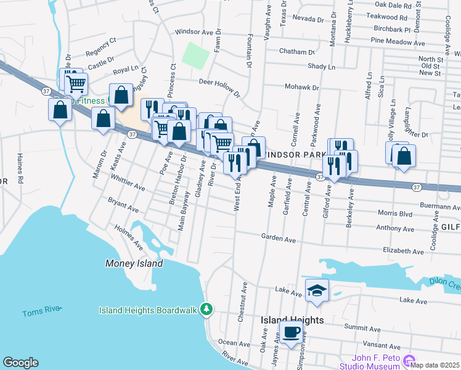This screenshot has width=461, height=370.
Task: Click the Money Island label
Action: coord(134,263)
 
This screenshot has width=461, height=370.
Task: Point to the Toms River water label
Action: coord(41,313)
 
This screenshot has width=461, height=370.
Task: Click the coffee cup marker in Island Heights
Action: coord(292,332)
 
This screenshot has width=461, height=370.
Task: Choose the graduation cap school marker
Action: coord(317,290)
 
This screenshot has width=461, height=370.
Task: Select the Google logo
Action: coord(20,363)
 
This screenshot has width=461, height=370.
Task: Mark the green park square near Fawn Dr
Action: coord(196,56)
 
